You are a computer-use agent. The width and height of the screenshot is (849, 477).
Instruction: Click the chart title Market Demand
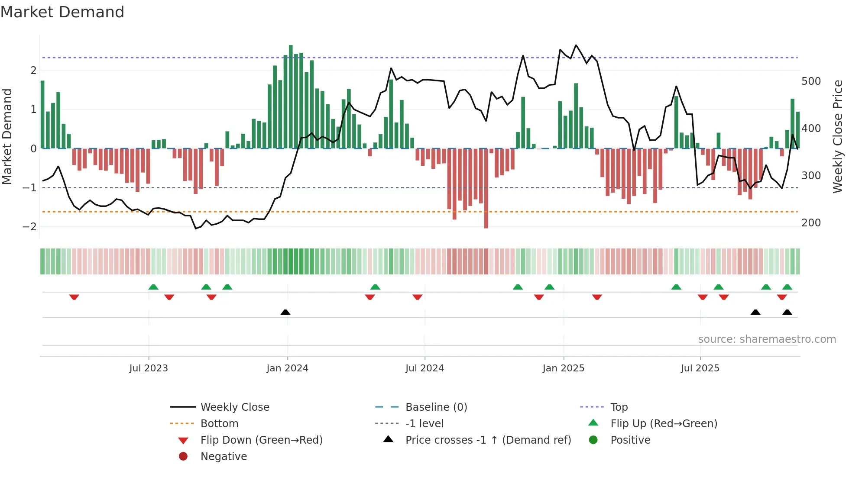(x=62, y=12)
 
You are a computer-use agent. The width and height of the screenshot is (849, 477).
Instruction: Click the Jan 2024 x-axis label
(x=287, y=368)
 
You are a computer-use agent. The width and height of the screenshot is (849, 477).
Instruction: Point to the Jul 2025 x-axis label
(x=700, y=368)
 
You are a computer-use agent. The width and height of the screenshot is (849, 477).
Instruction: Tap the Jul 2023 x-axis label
(x=149, y=368)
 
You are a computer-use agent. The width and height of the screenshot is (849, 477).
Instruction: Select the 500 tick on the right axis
(x=811, y=81)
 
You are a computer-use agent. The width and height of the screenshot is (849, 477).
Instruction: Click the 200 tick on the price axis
(x=811, y=223)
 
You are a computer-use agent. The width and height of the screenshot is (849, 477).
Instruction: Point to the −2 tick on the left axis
(x=29, y=227)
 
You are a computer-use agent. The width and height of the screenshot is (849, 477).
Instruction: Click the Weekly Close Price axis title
(x=838, y=136)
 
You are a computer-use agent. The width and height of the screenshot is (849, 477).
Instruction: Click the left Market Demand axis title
(x=7, y=136)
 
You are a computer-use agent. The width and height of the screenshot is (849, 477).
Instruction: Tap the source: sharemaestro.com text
(x=767, y=339)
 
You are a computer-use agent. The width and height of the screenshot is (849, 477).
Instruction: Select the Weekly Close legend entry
(x=234, y=407)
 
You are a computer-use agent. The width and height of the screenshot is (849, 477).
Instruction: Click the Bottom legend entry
(x=219, y=424)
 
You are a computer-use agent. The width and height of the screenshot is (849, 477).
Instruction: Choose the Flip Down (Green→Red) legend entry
(x=261, y=440)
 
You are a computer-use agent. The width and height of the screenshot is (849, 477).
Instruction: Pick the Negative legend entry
(x=224, y=457)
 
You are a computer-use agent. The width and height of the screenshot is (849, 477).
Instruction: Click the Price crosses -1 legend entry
(x=488, y=440)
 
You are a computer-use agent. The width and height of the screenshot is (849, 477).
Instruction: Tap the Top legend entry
(x=619, y=407)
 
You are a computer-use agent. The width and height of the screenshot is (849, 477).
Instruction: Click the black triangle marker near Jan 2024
(x=285, y=312)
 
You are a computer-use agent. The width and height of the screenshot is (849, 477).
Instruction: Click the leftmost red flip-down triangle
(x=74, y=297)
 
